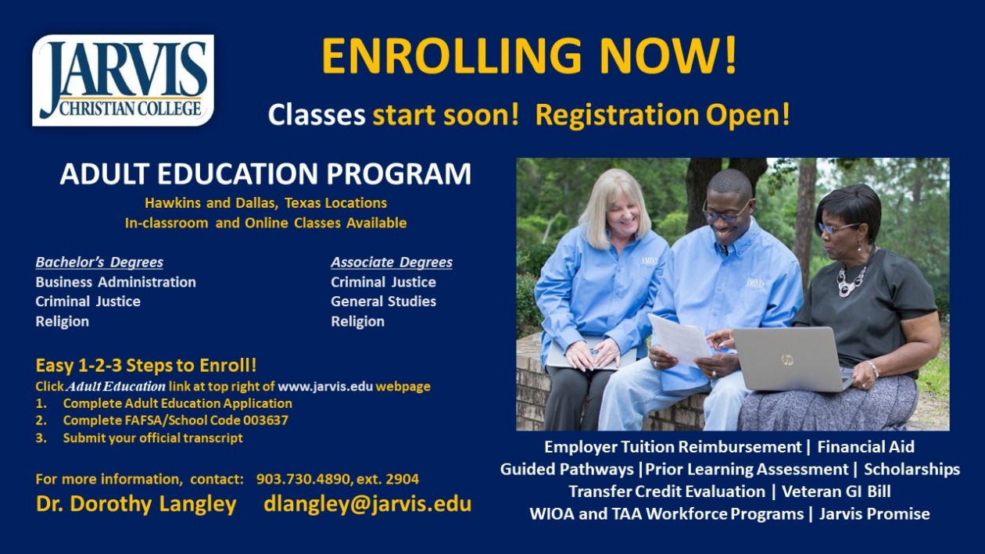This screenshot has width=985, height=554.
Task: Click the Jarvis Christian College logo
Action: pyautogui.click(x=124, y=80)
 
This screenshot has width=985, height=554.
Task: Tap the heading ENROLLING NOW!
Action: pyautogui.click(x=529, y=56)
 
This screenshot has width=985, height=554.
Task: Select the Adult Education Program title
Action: pyautogui.click(x=266, y=173)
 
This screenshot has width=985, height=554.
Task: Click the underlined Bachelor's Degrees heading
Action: pyautogui.click(x=99, y=263)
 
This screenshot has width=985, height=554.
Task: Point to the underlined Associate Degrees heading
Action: pyautogui.click(x=392, y=263)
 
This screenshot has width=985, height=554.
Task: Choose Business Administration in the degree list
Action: pyautogui.click(x=116, y=282)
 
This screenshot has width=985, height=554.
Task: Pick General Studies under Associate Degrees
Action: pyautogui.click(x=383, y=301)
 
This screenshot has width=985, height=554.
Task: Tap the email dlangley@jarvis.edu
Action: pyautogui.click(x=367, y=504)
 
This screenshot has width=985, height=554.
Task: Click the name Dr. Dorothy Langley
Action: pyautogui.click(x=136, y=504)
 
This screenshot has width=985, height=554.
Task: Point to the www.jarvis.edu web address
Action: pyautogui.click(x=325, y=387)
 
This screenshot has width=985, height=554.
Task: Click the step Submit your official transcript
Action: pyautogui.click(x=152, y=438)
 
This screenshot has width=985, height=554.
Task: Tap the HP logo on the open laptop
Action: pyautogui.click(x=786, y=359)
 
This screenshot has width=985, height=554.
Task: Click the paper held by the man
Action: pyautogui.click(x=679, y=339)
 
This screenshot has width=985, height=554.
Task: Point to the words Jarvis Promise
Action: pyautogui.click(x=874, y=514)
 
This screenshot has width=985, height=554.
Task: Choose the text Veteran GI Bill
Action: pyautogui.click(x=836, y=491)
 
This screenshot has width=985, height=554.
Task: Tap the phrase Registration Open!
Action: pyautogui.click(x=663, y=115)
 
